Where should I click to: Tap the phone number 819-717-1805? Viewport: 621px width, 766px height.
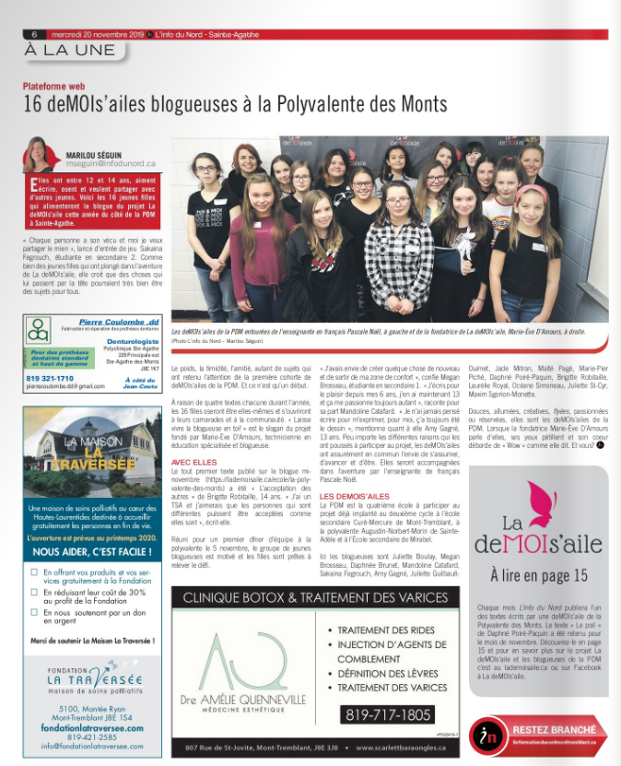(387, 714)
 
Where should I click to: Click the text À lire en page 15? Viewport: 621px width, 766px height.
(538, 575)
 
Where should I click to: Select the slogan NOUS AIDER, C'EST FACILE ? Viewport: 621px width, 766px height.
(89, 552)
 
